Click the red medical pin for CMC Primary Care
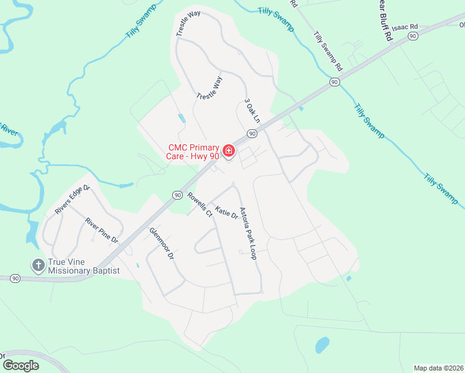click(228, 151)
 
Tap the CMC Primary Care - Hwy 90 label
click(194, 152)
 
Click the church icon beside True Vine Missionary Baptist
click(38, 265)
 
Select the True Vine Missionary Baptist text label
click(83, 267)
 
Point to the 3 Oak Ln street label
click(251, 109)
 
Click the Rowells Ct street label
click(200, 203)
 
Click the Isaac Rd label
click(404, 28)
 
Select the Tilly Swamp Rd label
click(328, 50)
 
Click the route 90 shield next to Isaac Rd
click(412, 37)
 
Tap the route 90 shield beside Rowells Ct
click(178, 195)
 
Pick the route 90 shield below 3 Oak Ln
click(252, 134)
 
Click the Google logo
click(21, 366)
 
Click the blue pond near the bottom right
click(322, 344)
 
